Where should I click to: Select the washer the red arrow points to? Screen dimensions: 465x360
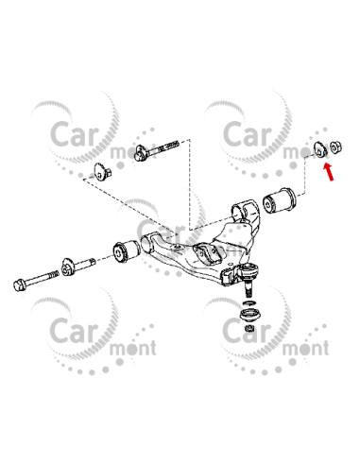[x=320, y=147]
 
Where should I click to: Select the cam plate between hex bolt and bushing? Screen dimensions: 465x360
[x=68, y=267]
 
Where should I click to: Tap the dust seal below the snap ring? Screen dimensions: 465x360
[x=249, y=314]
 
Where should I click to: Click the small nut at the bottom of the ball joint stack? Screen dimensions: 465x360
[x=249, y=329]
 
